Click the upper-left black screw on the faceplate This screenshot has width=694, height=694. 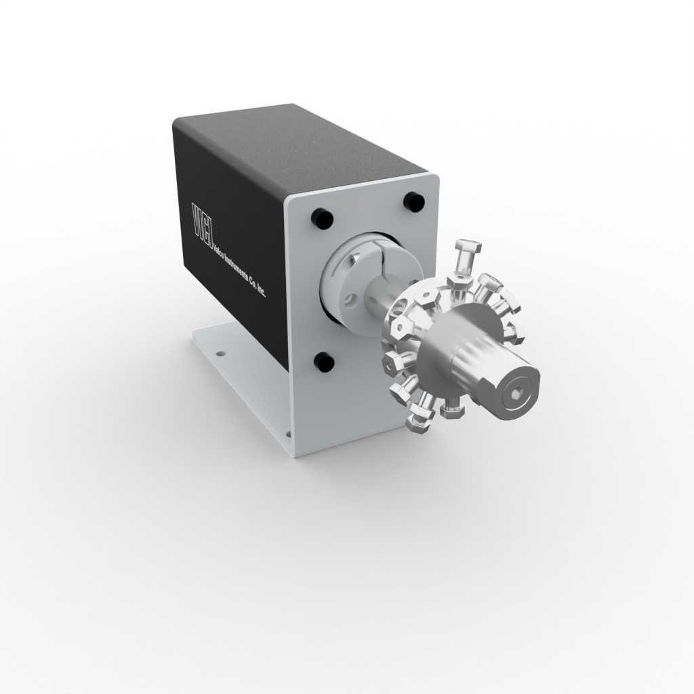point(322,219)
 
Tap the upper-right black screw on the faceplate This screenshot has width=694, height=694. point(413,201)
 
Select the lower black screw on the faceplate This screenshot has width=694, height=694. point(325,363)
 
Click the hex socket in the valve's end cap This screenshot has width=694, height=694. point(516,393)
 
